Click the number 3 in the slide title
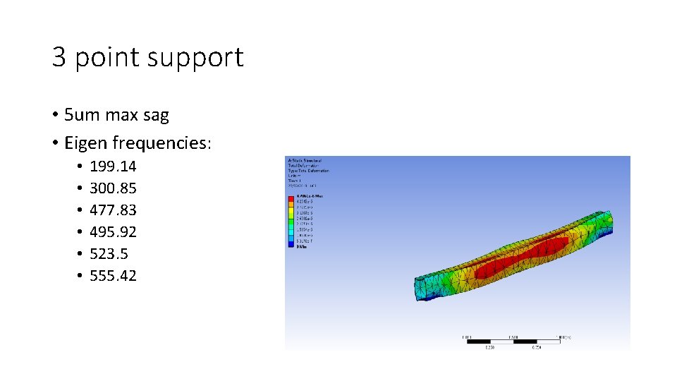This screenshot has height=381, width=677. coord(60,57)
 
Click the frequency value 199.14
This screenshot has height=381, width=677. coord(113,167)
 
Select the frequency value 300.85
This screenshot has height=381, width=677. coord(113,188)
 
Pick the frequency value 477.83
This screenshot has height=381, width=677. coord(113,210)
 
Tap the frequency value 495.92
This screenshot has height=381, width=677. coord(113,232)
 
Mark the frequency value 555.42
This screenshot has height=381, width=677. coord(113,276)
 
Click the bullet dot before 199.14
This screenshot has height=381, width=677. coord(80,167)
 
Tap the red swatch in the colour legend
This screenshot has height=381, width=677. coord(291,200)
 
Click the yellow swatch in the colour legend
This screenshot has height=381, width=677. coord(291,212)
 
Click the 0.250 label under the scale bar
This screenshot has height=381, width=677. coord(489,346)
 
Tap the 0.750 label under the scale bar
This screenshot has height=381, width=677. coord(537,346)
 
